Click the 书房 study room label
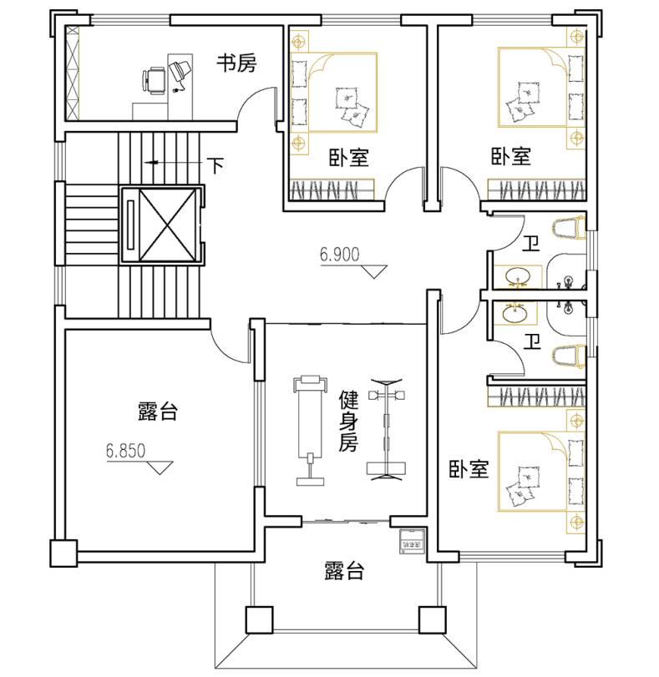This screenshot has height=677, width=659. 236,63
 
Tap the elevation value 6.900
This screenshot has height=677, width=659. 340,255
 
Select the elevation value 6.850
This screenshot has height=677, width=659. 126,451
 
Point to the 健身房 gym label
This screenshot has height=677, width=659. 348,421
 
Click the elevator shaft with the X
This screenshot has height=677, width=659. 168,225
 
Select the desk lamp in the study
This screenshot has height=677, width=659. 180,73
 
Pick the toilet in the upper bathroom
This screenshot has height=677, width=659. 568,228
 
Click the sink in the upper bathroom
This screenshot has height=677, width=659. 517,276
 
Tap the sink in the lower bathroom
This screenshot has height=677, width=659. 515,312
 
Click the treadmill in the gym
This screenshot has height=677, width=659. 309,430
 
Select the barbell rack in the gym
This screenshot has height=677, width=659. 386,429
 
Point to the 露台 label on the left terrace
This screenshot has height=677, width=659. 158,412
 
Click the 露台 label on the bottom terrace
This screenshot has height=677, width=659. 344,571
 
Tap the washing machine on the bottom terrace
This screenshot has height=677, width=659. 412,541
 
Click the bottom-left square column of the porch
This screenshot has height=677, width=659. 259,620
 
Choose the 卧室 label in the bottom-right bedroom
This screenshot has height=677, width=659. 469,469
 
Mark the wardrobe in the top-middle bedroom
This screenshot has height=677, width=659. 332,189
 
